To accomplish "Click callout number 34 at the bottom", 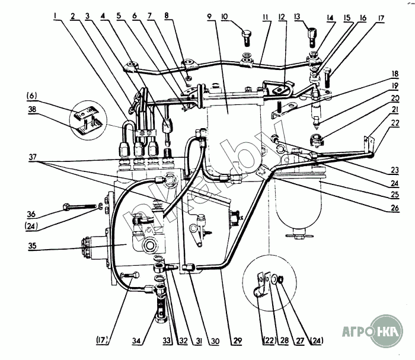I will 136,342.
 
